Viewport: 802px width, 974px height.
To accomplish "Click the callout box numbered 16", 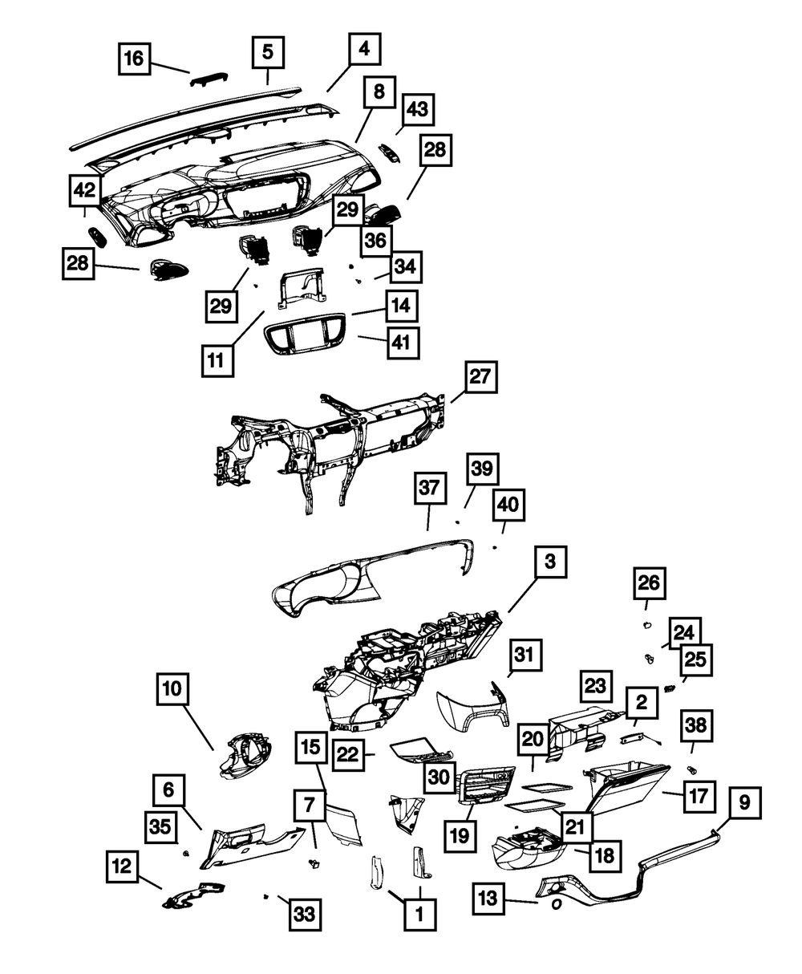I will coord(135,59).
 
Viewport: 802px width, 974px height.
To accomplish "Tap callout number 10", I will coord(174,689).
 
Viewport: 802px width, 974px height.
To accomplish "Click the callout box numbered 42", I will coord(85,191).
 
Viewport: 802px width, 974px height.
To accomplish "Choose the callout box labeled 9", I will coord(744,802).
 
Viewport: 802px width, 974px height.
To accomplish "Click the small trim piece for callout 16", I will coord(209,78).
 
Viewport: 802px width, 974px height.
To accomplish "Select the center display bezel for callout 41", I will coord(305,336).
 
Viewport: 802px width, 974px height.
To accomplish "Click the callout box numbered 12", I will coord(122,867).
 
